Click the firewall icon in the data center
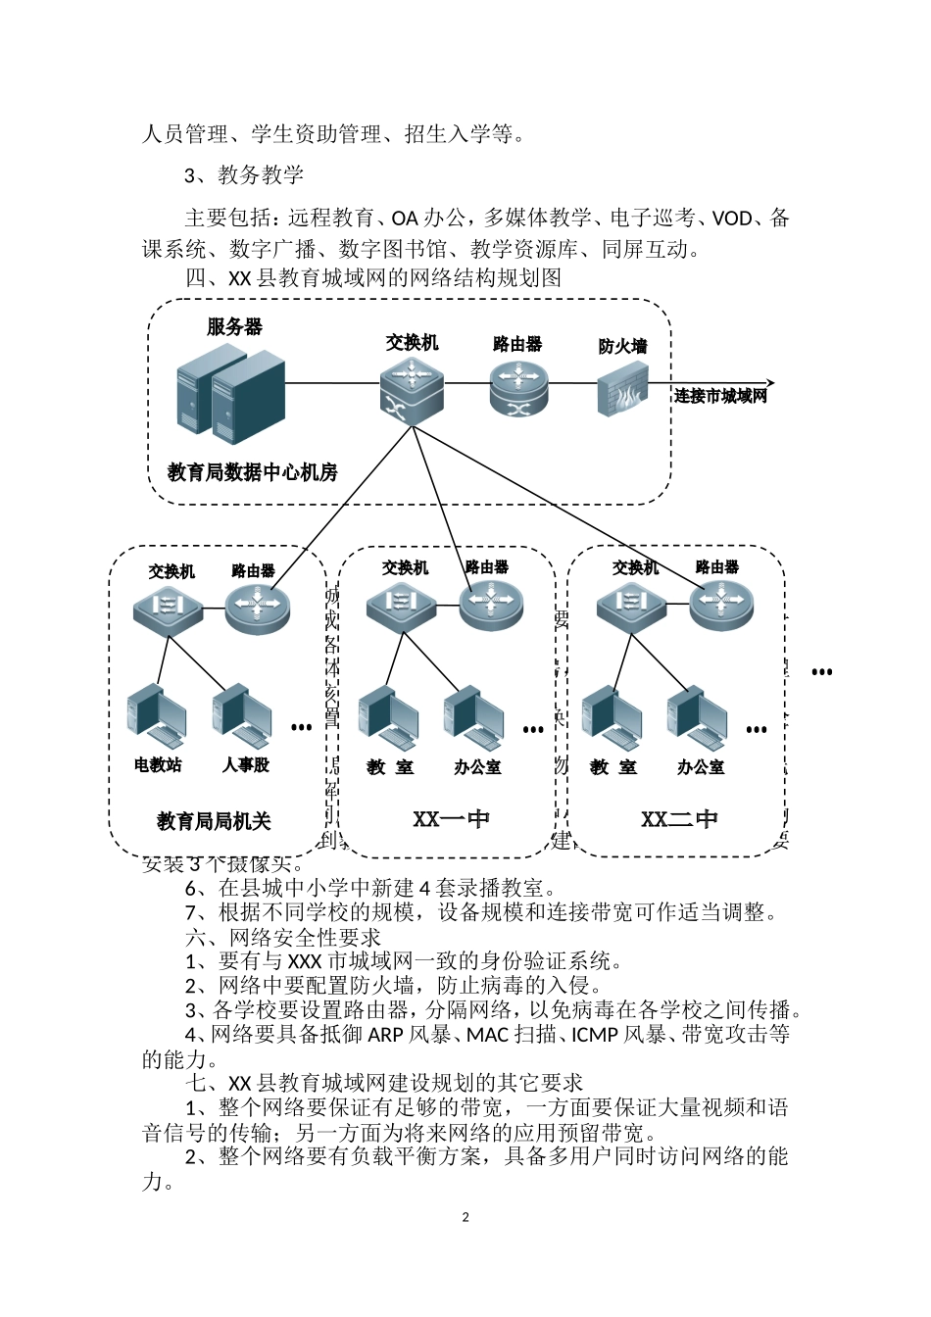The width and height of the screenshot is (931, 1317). tap(622, 389)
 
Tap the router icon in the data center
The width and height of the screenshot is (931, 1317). tap(518, 386)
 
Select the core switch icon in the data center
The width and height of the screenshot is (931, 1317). tap(412, 387)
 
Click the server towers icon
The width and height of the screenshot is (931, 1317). tap(230, 392)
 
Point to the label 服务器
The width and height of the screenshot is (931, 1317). tap(234, 327)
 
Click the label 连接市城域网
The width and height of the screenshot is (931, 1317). tap(720, 396)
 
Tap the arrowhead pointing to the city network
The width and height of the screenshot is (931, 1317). tap(770, 382)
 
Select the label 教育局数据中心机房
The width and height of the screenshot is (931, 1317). tap(252, 472)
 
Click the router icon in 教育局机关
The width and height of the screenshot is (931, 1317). tap(258, 608)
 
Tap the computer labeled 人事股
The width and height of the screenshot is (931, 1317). tap(241, 712)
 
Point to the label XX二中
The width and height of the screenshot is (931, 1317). tap(679, 819)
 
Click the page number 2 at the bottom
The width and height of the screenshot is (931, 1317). tap(465, 1217)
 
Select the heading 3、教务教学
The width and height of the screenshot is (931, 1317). tap(244, 175)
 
